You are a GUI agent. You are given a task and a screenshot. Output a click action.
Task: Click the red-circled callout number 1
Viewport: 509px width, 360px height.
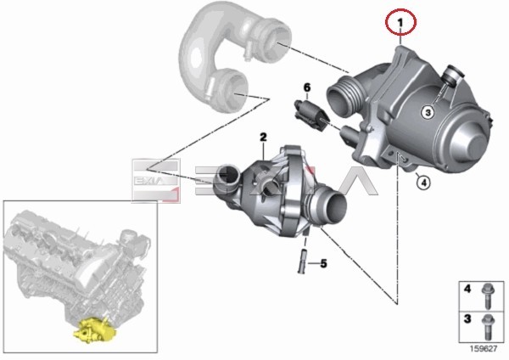click(400, 22)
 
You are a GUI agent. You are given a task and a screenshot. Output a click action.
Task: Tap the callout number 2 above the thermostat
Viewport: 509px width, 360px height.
click(263, 137)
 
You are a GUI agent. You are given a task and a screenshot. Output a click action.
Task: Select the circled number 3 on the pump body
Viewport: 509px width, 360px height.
click(428, 112)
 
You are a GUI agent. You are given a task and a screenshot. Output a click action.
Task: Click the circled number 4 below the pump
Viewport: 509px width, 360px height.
click(423, 183)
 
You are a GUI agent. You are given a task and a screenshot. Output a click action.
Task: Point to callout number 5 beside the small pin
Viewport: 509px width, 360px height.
click(323, 263)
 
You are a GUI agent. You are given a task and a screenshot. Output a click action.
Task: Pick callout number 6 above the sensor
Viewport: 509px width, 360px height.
click(307, 87)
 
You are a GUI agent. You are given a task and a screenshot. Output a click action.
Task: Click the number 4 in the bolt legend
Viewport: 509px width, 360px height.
click(467, 289)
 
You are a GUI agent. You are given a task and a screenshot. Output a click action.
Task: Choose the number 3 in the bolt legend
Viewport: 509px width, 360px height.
click(467, 318)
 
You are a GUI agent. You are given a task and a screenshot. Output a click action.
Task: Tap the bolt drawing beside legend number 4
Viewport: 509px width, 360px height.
click(487, 295)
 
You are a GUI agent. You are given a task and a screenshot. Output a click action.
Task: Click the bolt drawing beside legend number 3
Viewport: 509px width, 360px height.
click(489, 327)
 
